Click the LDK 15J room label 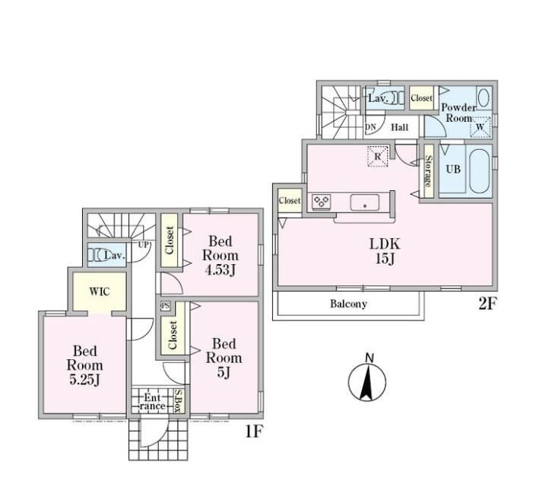click(x=385, y=251)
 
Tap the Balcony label click(x=348, y=304)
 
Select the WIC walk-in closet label click(x=100, y=291)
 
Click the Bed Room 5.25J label click(x=84, y=365)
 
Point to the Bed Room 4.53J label click(x=220, y=256)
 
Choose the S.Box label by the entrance click(x=178, y=401)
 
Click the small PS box click(x=165, y=306)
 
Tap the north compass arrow click(x=367, y=382)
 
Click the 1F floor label click(x=254, y=431)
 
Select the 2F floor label click(x=487, y=304)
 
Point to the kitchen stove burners click(x=322, y=202)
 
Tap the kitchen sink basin click(x=365, y=202)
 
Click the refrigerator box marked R click(x=377, y=157)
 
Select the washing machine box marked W click(x=480, y=127)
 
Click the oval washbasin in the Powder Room click(x=484, y=97)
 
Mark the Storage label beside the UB click(x=429, y=171)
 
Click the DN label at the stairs click(x=370, y=127)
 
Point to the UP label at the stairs click(x=144, y=245)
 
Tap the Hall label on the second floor click(x=400, y=127)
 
